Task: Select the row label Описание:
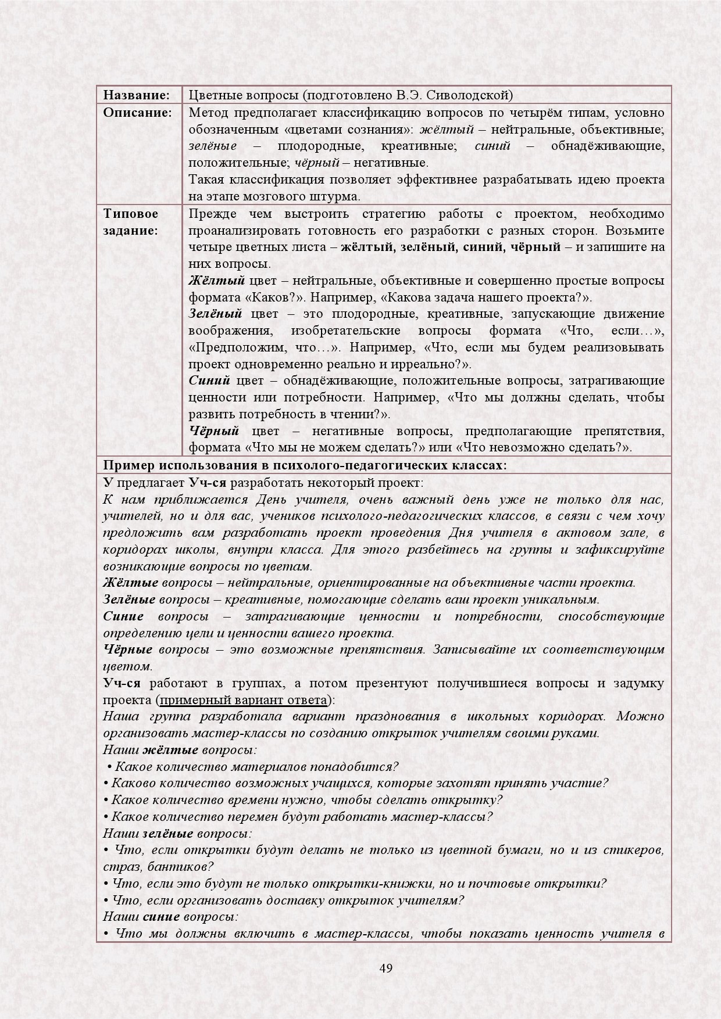pos(138,112)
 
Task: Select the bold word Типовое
pos(131,214)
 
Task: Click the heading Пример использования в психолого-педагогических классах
pos(305,465)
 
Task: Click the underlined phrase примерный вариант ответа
pos(244,700)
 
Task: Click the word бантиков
pos(183,867)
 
